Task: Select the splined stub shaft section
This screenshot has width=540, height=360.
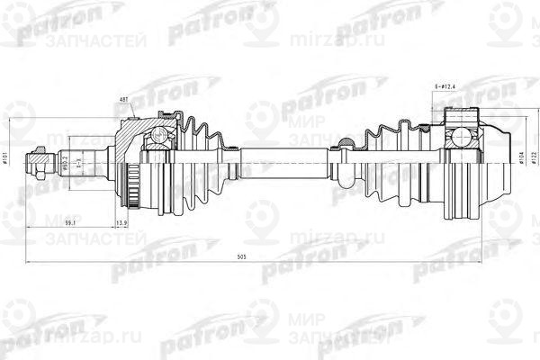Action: [85, 163]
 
